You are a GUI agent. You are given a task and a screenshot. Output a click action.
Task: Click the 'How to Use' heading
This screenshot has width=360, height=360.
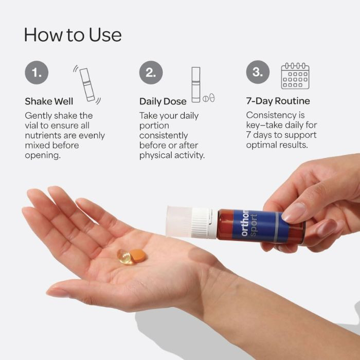tap(73, 34)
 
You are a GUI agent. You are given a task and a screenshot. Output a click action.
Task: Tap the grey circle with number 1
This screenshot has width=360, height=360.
tap(37, 73)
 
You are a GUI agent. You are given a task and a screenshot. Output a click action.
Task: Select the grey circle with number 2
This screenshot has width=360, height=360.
tap(151, 73)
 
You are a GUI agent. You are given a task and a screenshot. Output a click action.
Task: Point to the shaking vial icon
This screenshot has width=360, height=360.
tap(87, 84)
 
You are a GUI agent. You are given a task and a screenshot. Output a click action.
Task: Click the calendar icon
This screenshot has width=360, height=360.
tap(295, 76)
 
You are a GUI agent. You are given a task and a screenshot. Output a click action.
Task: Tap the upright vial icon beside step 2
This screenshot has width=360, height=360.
tap(195, 84)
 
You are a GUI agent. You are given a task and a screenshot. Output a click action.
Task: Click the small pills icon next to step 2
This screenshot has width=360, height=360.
tap(208, 98)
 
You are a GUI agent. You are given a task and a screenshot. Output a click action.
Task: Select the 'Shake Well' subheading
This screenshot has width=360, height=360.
tap(49, 101)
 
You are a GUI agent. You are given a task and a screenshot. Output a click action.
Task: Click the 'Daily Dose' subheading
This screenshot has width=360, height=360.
tap(163, 101)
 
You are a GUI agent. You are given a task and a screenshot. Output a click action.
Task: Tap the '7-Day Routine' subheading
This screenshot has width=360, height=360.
tap(278, 101)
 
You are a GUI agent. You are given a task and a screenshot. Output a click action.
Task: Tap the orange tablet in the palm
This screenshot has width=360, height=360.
tap(137, 255)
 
